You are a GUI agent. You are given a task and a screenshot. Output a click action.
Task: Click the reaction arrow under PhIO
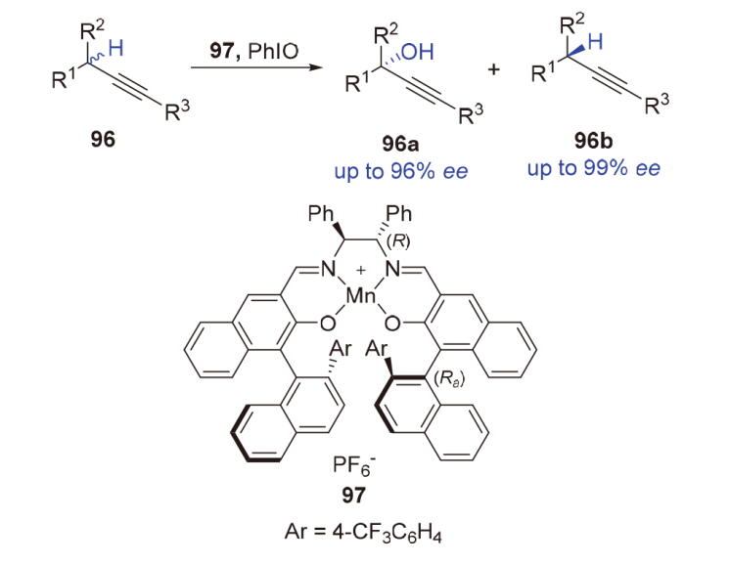point(256,67)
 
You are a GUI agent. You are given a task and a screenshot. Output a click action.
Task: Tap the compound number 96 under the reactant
point(102,140)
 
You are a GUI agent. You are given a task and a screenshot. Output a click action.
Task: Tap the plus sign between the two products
point(507,70)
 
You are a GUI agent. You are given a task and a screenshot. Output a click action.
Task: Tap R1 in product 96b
point(539,72)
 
